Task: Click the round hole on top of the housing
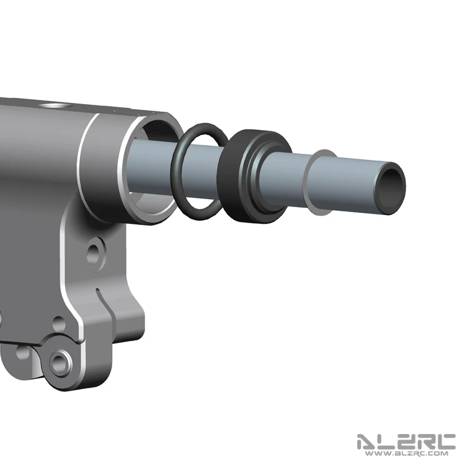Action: (55, 105)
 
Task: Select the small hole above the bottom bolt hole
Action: (59, 323)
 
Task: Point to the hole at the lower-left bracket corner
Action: (22, 352)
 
